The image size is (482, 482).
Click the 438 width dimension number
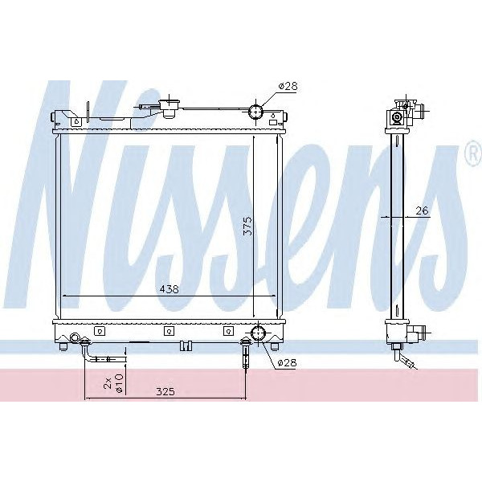(x=169, y=289)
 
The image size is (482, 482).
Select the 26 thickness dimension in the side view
(x=423, y=211)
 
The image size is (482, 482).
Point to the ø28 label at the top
(x=288, y=86)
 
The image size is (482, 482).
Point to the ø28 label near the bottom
(x=287, y=363)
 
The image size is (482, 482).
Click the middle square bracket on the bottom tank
(x=168, y=331)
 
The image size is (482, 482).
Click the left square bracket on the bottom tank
(x=99, y=331)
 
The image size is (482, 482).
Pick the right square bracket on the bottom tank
(x=228, y=331)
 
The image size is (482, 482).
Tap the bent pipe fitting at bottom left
(x=88, y=349)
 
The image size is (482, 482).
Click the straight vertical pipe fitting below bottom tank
(x=245, y=353)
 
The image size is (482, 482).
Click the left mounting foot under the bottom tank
(x=63, y=346)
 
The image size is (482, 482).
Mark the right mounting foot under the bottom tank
(x=275, y=346)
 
